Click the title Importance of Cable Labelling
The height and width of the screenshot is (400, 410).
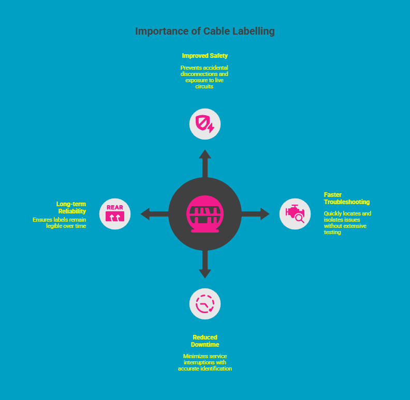pyautogui.click(x=204, y=32)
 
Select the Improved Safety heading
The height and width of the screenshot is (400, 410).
pyautogui.click(x=204, y=55)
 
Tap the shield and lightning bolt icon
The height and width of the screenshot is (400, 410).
pyautogui.click(x=205, y=124)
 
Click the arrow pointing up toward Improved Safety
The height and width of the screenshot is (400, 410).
pyautogui.click(x=205, y=160)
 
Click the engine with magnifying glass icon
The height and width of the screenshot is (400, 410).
pyautogui.click(x=295, y=213)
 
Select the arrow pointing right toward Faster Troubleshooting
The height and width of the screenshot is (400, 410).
pyautogui.click(x=259, y=213)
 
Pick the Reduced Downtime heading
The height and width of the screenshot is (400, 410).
pyautogui.click(x=204, y=341)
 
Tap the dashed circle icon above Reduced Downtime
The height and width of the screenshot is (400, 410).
pyautogui.click(x=205, y=303)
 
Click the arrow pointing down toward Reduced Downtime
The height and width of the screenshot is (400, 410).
pyautogui.click(x=205, y=266)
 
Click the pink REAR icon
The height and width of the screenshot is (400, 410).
pyautogui.click(x=115, y=213)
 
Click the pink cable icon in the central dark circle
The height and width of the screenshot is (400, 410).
pyautogui.click(x=205, y=213)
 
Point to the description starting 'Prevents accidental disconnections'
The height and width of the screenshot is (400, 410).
pyautogui.click(x=204, y=77)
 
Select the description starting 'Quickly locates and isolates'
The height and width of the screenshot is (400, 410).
pyautogui.click(x=347, y=223)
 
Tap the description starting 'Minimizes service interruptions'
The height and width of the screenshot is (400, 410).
pyautogui.click(x=204, y=362)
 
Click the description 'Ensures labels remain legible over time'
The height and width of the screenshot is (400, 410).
pyautogui.click(x=60, y=223)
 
